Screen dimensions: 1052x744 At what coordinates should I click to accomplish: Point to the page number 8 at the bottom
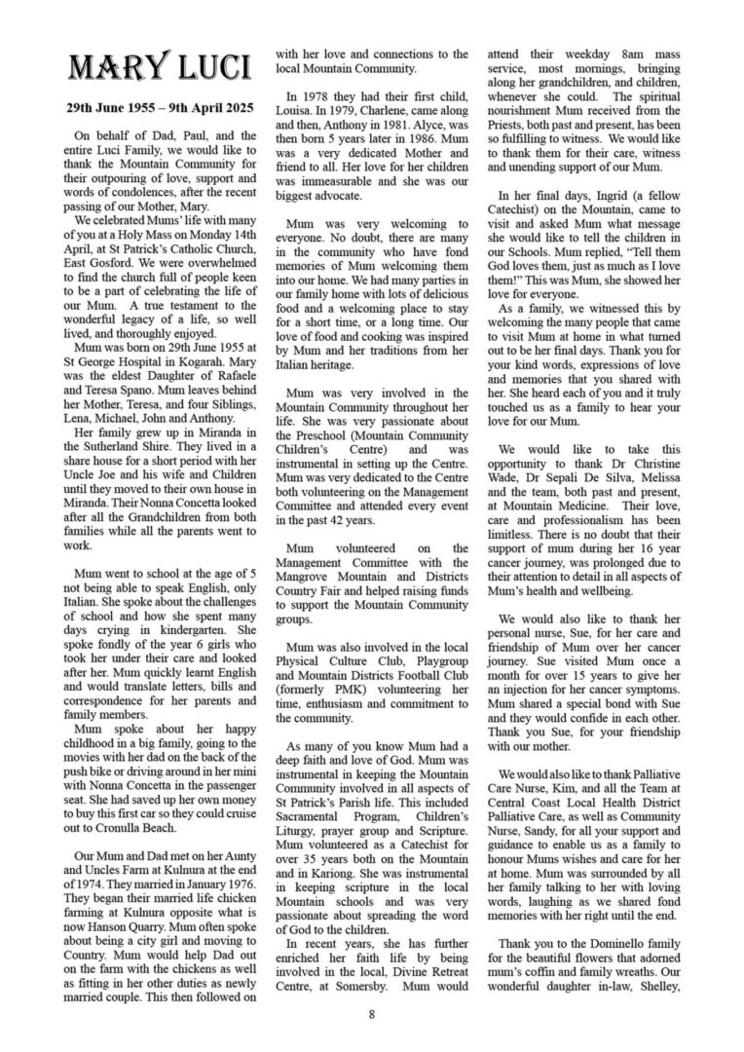372,1015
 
